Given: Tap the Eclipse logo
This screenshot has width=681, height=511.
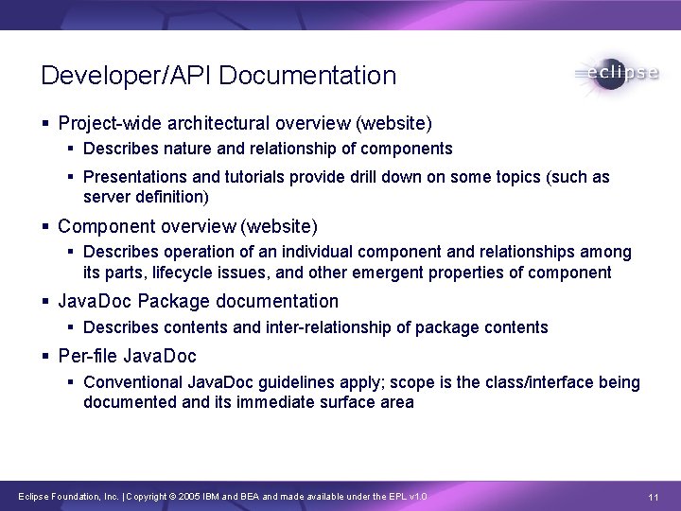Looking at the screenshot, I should coord(616,74).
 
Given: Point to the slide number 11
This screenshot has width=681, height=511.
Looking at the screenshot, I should coord(653,498).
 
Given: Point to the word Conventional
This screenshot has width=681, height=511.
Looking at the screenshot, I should coord(133,382).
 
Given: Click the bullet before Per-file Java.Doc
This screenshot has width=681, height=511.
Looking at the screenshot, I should coord(46,357).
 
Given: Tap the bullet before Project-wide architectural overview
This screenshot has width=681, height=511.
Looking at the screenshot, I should coord(46,124).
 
